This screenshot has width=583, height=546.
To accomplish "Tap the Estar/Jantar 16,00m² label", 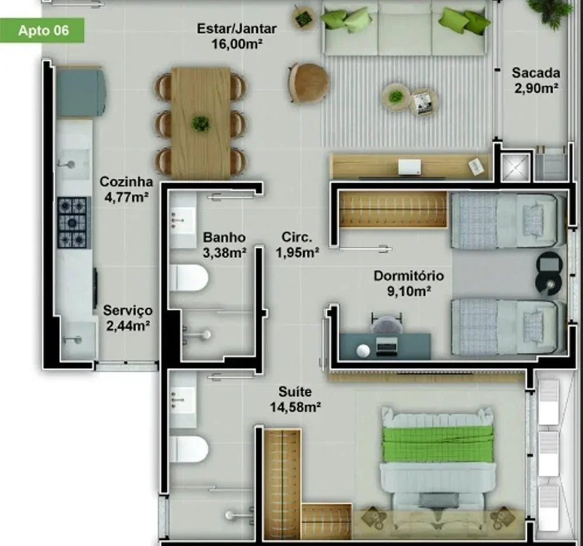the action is point(237,36).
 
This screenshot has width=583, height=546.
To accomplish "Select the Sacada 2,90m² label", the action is point(536,80).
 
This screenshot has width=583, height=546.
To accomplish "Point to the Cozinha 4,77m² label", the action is point(127,190).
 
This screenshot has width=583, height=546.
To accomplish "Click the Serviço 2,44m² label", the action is point(128,318).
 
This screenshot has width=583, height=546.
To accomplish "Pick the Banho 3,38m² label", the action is point(224,245).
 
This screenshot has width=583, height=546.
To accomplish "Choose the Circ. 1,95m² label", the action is point(297,244).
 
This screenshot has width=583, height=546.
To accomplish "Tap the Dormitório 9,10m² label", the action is point(409,283).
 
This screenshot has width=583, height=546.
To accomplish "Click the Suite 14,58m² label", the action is point(295,400).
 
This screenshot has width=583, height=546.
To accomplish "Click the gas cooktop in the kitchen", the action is point(72,223).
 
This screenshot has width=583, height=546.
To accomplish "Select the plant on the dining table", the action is point(201,124).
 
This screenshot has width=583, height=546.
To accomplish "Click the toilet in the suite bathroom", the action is point(188,449).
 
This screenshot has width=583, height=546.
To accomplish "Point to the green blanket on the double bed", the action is point(438,445).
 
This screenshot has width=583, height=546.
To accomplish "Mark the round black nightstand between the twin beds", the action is point(549,274).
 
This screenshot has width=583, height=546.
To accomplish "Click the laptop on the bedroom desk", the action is point(386,344).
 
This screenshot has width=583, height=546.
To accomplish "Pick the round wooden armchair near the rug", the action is point(308,82).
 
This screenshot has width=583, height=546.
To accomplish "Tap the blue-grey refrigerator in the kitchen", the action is point(80,92).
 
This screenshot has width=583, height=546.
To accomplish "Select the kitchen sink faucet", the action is point(66,163).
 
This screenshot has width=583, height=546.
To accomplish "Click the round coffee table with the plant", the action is point(396,97).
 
